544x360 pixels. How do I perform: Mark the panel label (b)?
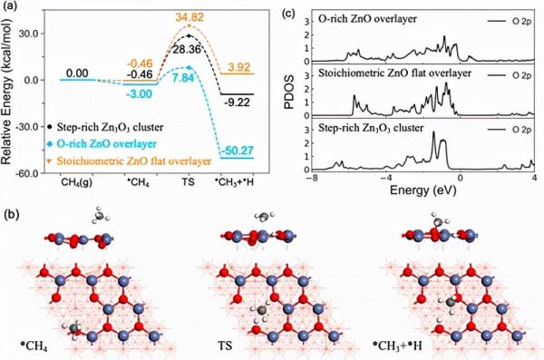click(x=14, y=215)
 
